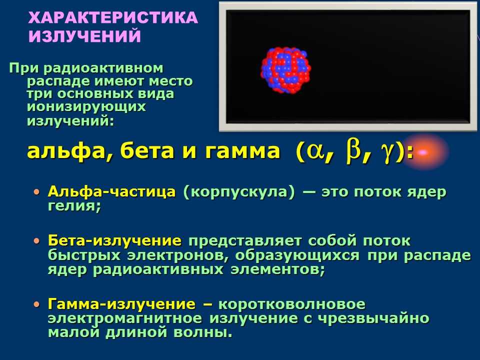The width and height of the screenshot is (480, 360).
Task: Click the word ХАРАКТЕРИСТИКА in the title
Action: [113, 18]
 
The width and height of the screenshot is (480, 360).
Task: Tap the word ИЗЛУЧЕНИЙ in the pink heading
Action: [85, 36]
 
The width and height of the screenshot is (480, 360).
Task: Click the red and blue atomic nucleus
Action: [286, 70]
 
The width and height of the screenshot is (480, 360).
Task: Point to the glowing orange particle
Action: [423, 152]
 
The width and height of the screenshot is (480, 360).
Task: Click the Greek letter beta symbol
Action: [352, 150]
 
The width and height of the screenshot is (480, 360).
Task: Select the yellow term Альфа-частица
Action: [111, 192]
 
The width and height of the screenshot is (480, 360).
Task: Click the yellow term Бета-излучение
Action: [115, 241]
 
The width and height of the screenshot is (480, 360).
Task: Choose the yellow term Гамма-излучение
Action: [121, 304]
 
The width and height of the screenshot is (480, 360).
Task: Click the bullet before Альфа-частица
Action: [37, 192]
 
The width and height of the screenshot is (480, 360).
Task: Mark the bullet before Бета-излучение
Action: [37, 241]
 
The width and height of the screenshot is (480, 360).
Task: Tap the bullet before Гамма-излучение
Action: [37, 304]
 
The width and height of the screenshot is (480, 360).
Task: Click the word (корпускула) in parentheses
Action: [239, 192]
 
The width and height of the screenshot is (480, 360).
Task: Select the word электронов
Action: [178, 256]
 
